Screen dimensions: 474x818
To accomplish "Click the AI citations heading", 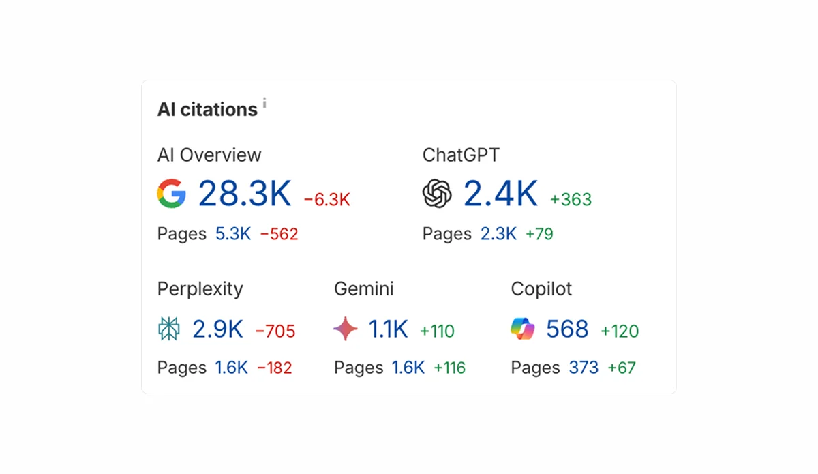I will [x=207, y=110].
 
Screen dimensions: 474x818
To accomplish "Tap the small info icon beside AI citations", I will [x=264, y=104].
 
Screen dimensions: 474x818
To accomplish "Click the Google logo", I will [x=171, y=194].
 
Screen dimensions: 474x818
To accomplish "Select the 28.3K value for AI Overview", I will [x=245, y=194].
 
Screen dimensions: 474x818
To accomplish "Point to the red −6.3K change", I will [x=327, y=200].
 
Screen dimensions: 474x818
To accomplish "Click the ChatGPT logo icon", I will [x=437, y=194].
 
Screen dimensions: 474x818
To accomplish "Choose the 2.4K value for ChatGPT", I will [x=501, y=194].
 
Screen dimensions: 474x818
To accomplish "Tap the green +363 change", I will [x=571, y=200].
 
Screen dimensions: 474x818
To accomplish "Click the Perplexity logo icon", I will [x=169, y=329].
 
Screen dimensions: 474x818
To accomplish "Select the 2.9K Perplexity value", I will [x=217, y=329].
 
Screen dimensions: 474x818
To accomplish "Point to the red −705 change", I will [x=275, y=332].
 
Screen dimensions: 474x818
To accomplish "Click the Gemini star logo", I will [x=346, y=329].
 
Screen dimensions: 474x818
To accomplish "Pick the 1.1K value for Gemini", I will [x=389, y=329].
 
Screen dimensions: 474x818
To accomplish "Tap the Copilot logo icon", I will [x=523, y=329].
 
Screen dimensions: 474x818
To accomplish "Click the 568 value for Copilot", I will [x=567, y=329].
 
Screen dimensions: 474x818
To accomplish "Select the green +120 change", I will [x=620, y=332].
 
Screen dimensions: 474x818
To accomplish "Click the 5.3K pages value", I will [x=233, y=234].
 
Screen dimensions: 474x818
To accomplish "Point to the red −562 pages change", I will [x=279, y=235].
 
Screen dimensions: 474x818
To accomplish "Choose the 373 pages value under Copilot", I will [x=584, y=368].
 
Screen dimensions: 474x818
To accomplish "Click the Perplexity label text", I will [x=200, y=289].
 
